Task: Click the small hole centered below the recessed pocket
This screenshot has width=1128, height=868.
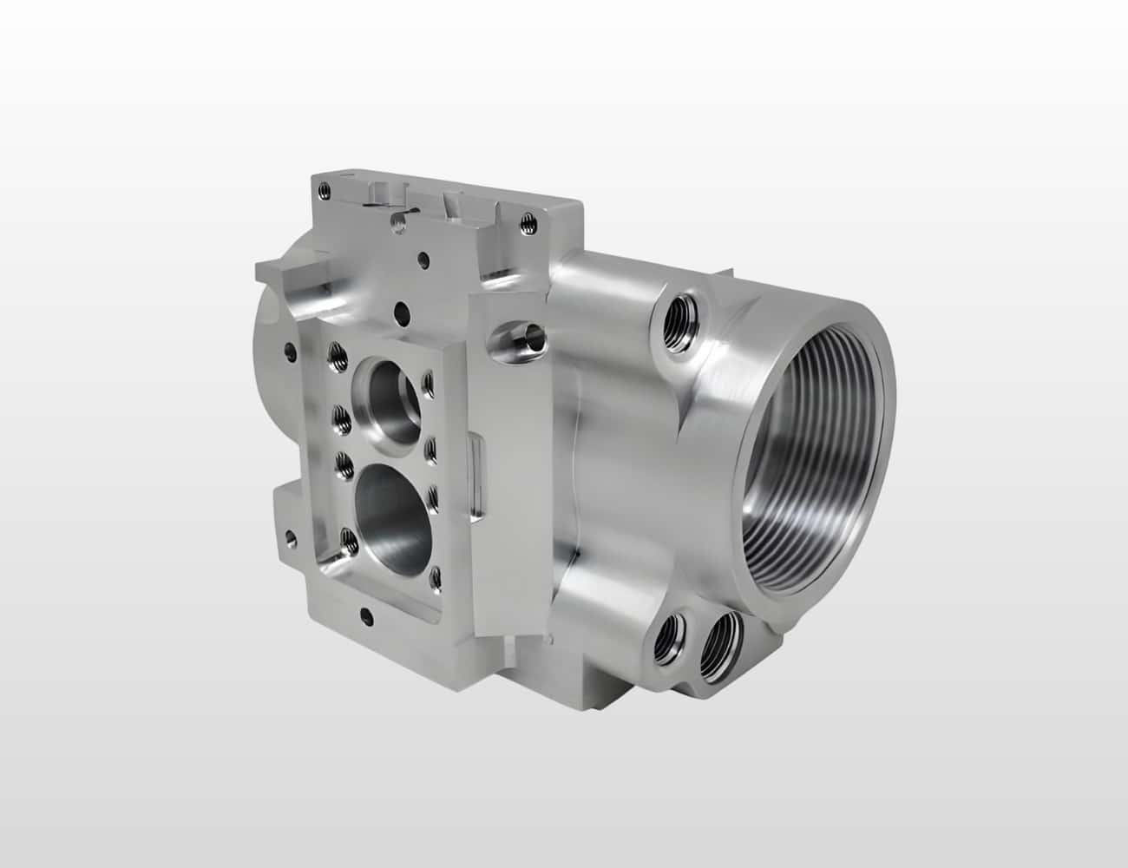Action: [x=366, y=615]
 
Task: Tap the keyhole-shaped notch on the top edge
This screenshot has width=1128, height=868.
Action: [x=398, y=220]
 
